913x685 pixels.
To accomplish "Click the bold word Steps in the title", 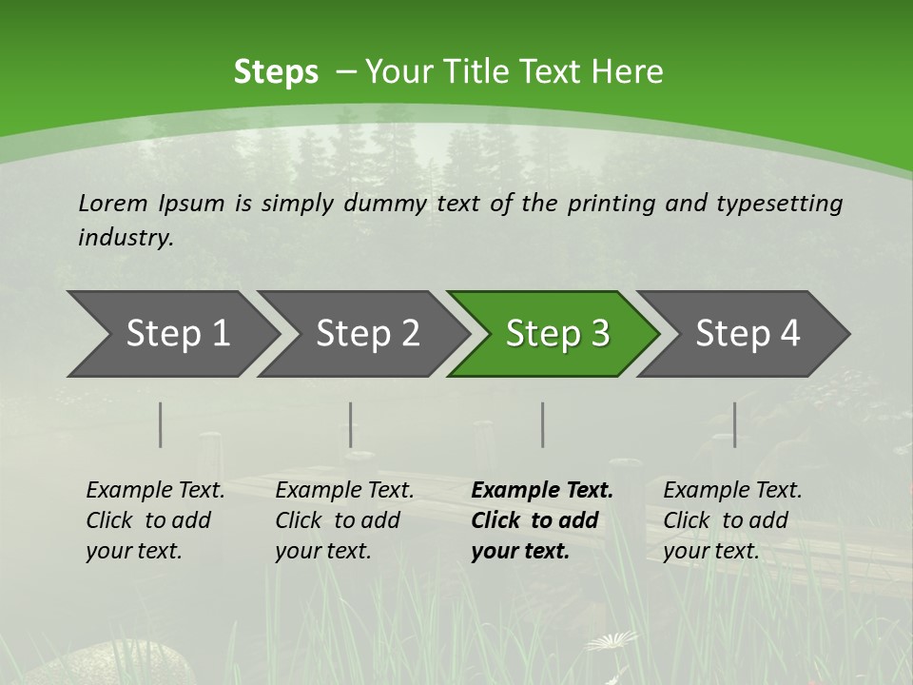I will point(276,72).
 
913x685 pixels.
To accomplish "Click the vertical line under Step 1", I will point(161,424).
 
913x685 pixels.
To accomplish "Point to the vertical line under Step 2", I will point(351,424).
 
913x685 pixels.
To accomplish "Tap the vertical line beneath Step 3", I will point(543,424).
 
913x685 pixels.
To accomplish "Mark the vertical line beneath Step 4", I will point(735,424).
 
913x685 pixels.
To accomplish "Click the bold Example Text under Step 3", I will point(541,520).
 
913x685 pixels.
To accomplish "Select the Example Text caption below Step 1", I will point(155,520).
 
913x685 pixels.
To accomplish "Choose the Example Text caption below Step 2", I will point(344,520).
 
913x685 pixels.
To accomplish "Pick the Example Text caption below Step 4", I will point(731,520).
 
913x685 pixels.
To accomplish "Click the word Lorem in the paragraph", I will point(113,204).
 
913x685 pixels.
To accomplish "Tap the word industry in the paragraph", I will point(125,238).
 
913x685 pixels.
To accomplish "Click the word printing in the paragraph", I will point(609,204).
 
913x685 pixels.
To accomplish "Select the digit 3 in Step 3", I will point(599,334).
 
